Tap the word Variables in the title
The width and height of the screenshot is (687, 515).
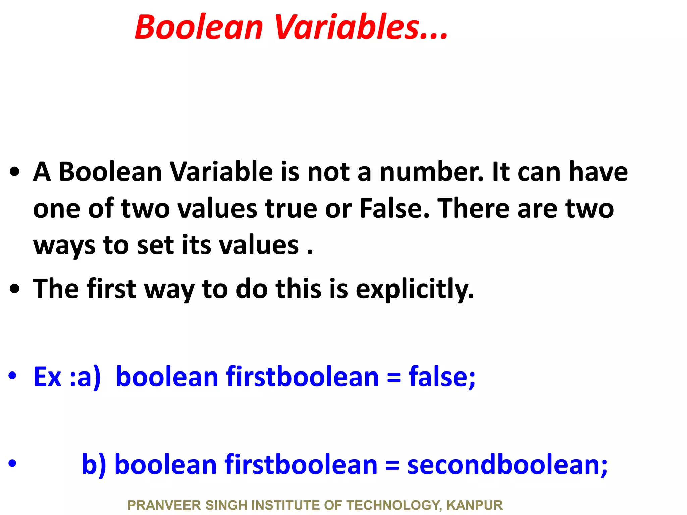coord(347,27)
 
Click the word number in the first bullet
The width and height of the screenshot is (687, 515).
coord(431,172)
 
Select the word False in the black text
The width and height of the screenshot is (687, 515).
coord(394,209)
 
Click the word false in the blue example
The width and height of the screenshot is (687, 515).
coord(441,377)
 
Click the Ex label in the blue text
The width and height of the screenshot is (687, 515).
coord(47,377)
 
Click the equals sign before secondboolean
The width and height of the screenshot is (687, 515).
coord(392,465)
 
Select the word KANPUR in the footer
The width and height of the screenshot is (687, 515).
coord(474,505)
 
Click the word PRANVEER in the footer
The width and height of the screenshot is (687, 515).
coord(164,505)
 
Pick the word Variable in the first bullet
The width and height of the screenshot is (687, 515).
coord(221,172)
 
